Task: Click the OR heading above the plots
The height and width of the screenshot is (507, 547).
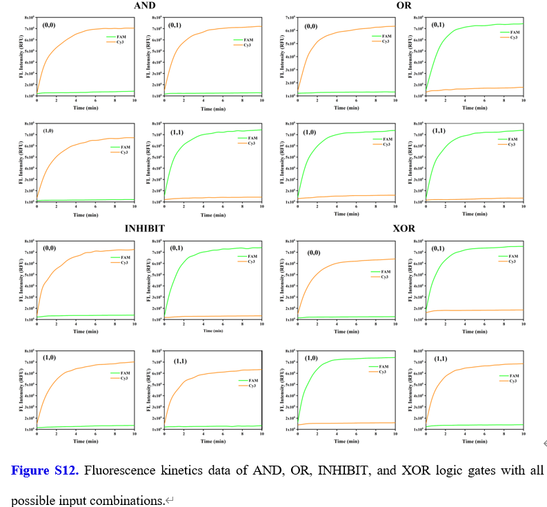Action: pyautogui.click(x=404, y=6)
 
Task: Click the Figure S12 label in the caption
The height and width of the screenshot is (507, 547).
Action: pyautogui.click(x=43, y=470)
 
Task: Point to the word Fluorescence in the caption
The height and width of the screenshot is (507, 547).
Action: pyautogui.click(x=121, y=470)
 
